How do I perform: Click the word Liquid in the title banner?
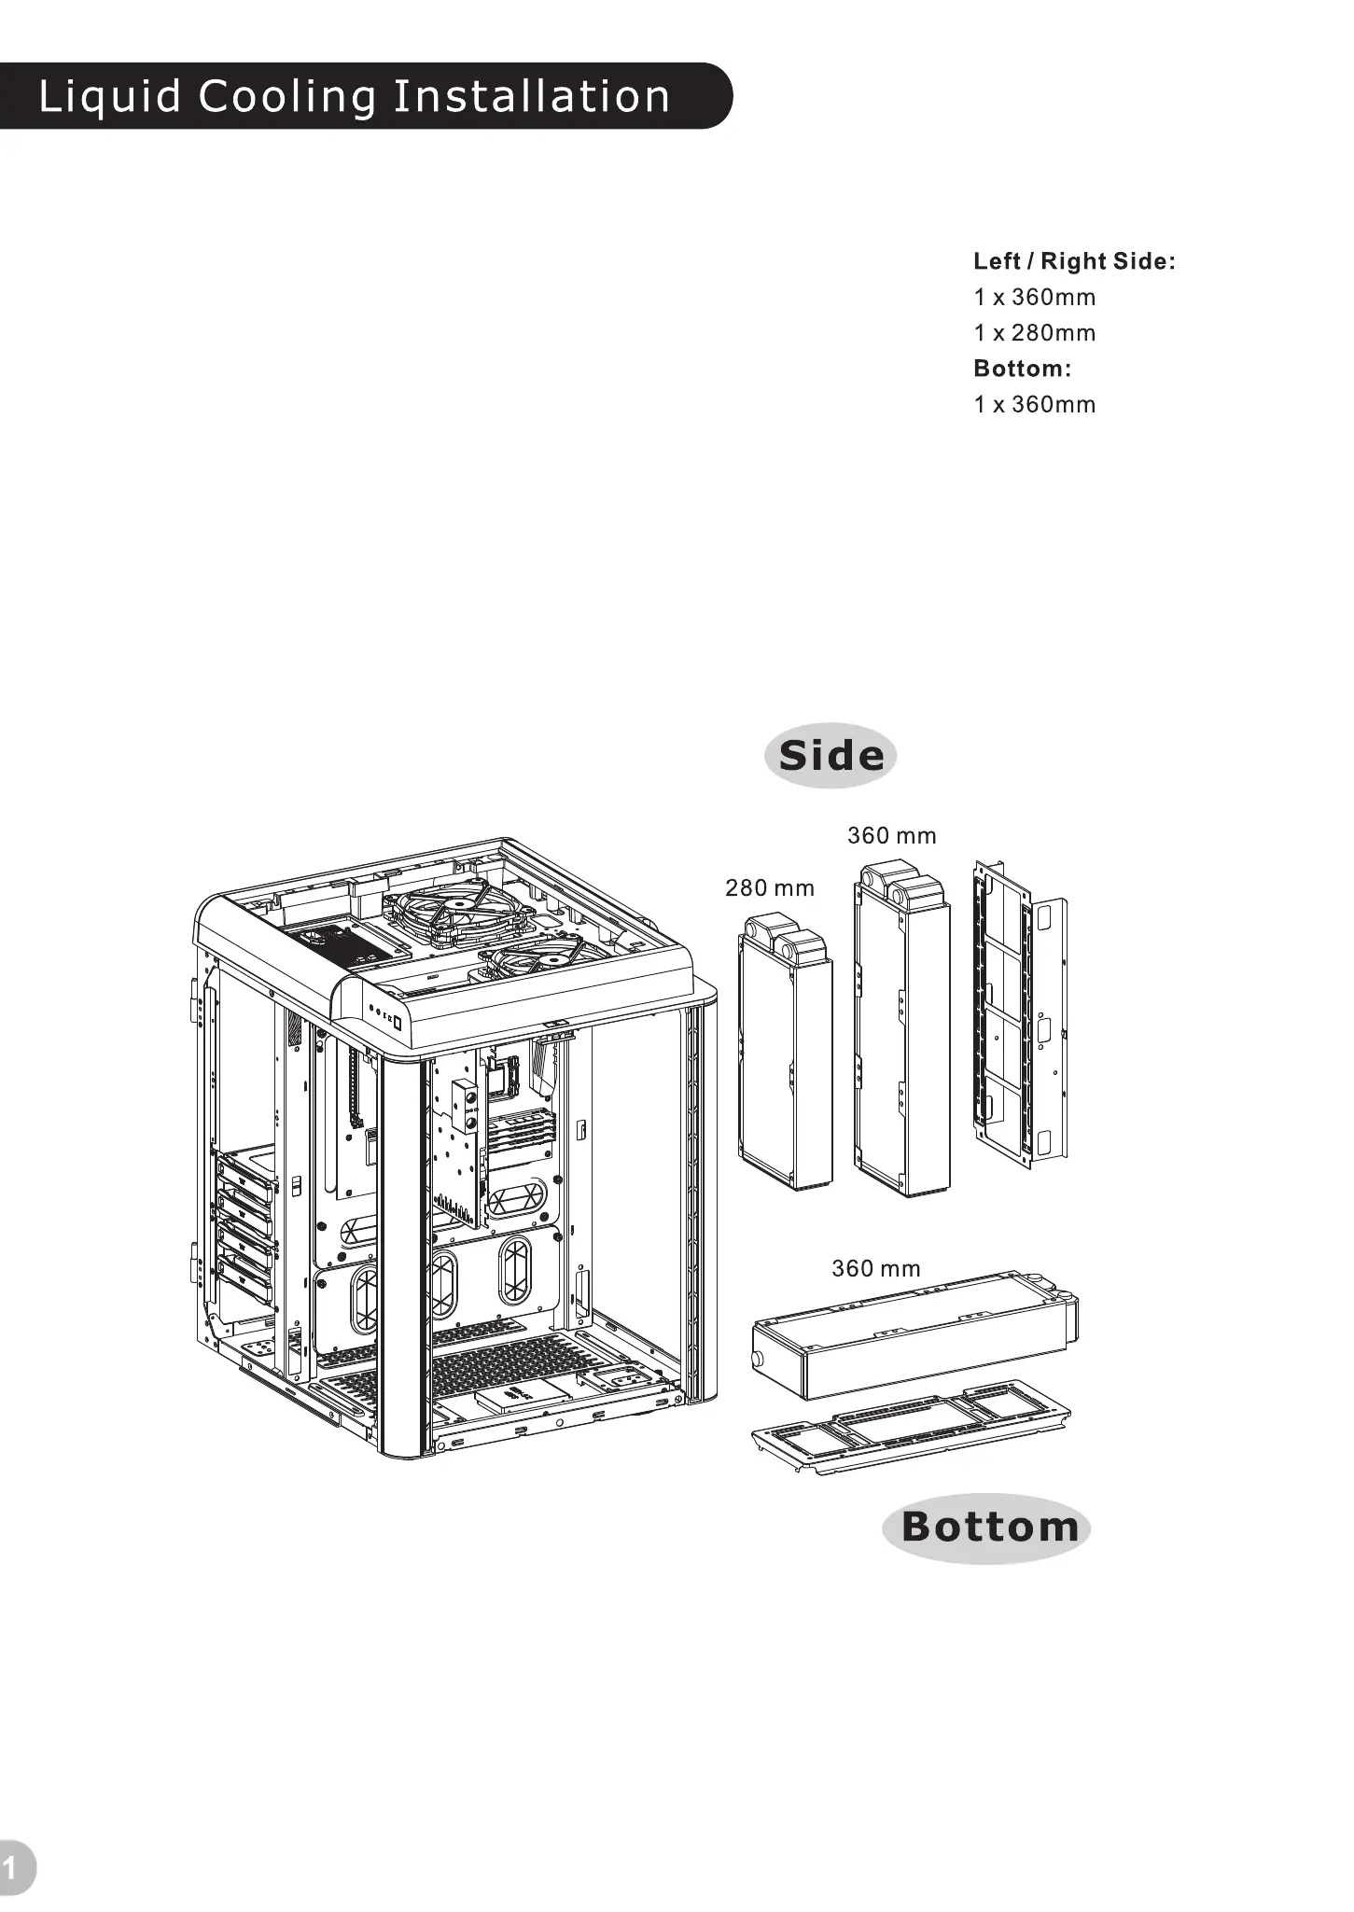point(109,97)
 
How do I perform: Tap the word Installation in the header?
point(531,97)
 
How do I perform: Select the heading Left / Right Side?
point(1074,261)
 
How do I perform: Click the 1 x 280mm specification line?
point(1034,333)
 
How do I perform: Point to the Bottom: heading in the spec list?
point(1022,369)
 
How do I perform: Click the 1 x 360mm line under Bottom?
point(1034,405)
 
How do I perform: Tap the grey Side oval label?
point(831,756)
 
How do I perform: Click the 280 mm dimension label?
point(770,888)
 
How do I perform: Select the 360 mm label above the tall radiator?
point(891,836)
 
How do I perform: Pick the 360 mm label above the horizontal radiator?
point(875,1269)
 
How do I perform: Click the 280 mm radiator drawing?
point(785,1064)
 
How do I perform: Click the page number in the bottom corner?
point(11,1868)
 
